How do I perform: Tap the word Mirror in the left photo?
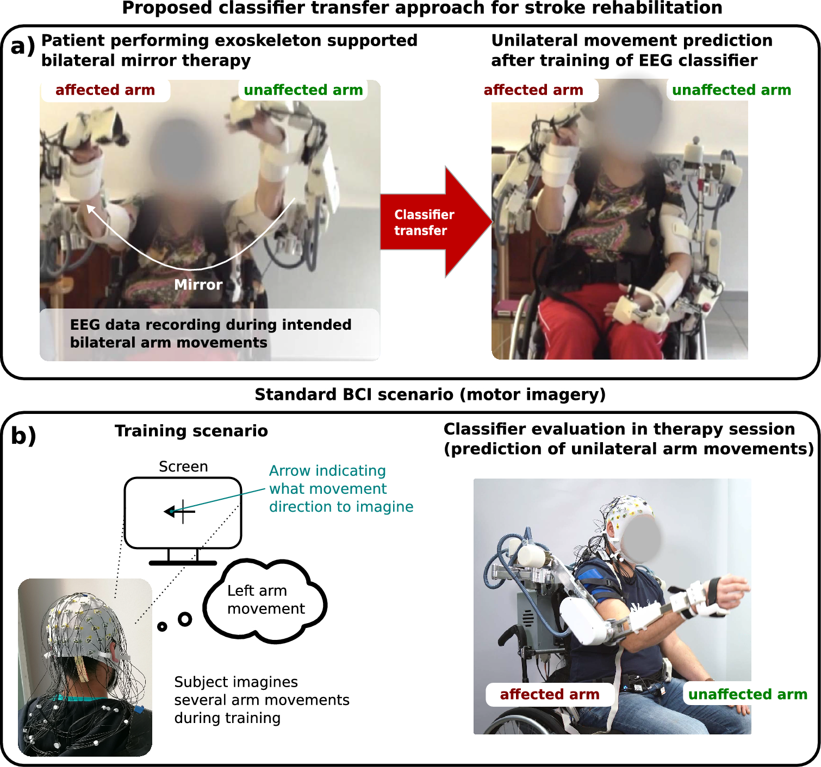(198, 285)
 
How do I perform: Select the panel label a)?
(22, 47)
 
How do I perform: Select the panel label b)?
(23, 436)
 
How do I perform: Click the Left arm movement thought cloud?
(265, 600)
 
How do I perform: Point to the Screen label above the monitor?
(183, 467)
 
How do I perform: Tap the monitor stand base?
(183, 563)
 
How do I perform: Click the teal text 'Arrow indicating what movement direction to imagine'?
(340, 488)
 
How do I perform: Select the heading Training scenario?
(191, 431)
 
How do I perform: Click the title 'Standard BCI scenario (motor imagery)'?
(430, 394)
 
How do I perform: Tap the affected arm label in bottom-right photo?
(549, 694)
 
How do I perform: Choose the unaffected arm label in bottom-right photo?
(747, 694)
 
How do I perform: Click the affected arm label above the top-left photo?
(105, 90)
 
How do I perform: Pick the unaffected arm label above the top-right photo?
(731, 90)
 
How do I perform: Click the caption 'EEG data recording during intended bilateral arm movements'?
(210, 334)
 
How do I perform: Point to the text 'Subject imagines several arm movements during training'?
(261, 700)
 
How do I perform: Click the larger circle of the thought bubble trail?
(185, 619)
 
